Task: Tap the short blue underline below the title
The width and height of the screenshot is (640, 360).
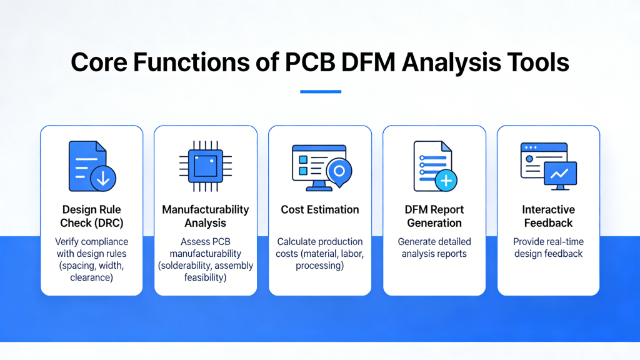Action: click(x=320, y=92)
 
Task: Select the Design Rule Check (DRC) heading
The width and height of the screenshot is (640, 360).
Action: click(x=92, y=216)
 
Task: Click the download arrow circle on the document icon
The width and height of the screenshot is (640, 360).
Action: click(x=103, y=179)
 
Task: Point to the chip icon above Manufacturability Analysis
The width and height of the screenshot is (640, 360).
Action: click(x=206, y=166)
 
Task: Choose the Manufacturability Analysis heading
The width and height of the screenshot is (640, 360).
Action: click(x=206, y=216)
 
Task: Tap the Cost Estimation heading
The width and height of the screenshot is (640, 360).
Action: click(x=320, y=209)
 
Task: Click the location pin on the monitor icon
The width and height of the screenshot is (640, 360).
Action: click(x=339, y=170)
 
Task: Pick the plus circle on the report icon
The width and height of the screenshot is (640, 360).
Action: click(x=446, y=180)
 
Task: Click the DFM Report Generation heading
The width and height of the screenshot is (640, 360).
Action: click(x=434, y=216)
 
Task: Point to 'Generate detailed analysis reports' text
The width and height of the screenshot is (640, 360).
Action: click(x=434, y=247)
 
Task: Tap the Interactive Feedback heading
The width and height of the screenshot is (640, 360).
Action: click(x=548, y=216)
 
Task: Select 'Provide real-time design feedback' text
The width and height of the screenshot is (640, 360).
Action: click(x=548, y=247)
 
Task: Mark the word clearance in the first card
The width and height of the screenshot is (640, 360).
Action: click(x=92, y=277)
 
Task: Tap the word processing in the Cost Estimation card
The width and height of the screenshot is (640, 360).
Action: click(x=320, y=265)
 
